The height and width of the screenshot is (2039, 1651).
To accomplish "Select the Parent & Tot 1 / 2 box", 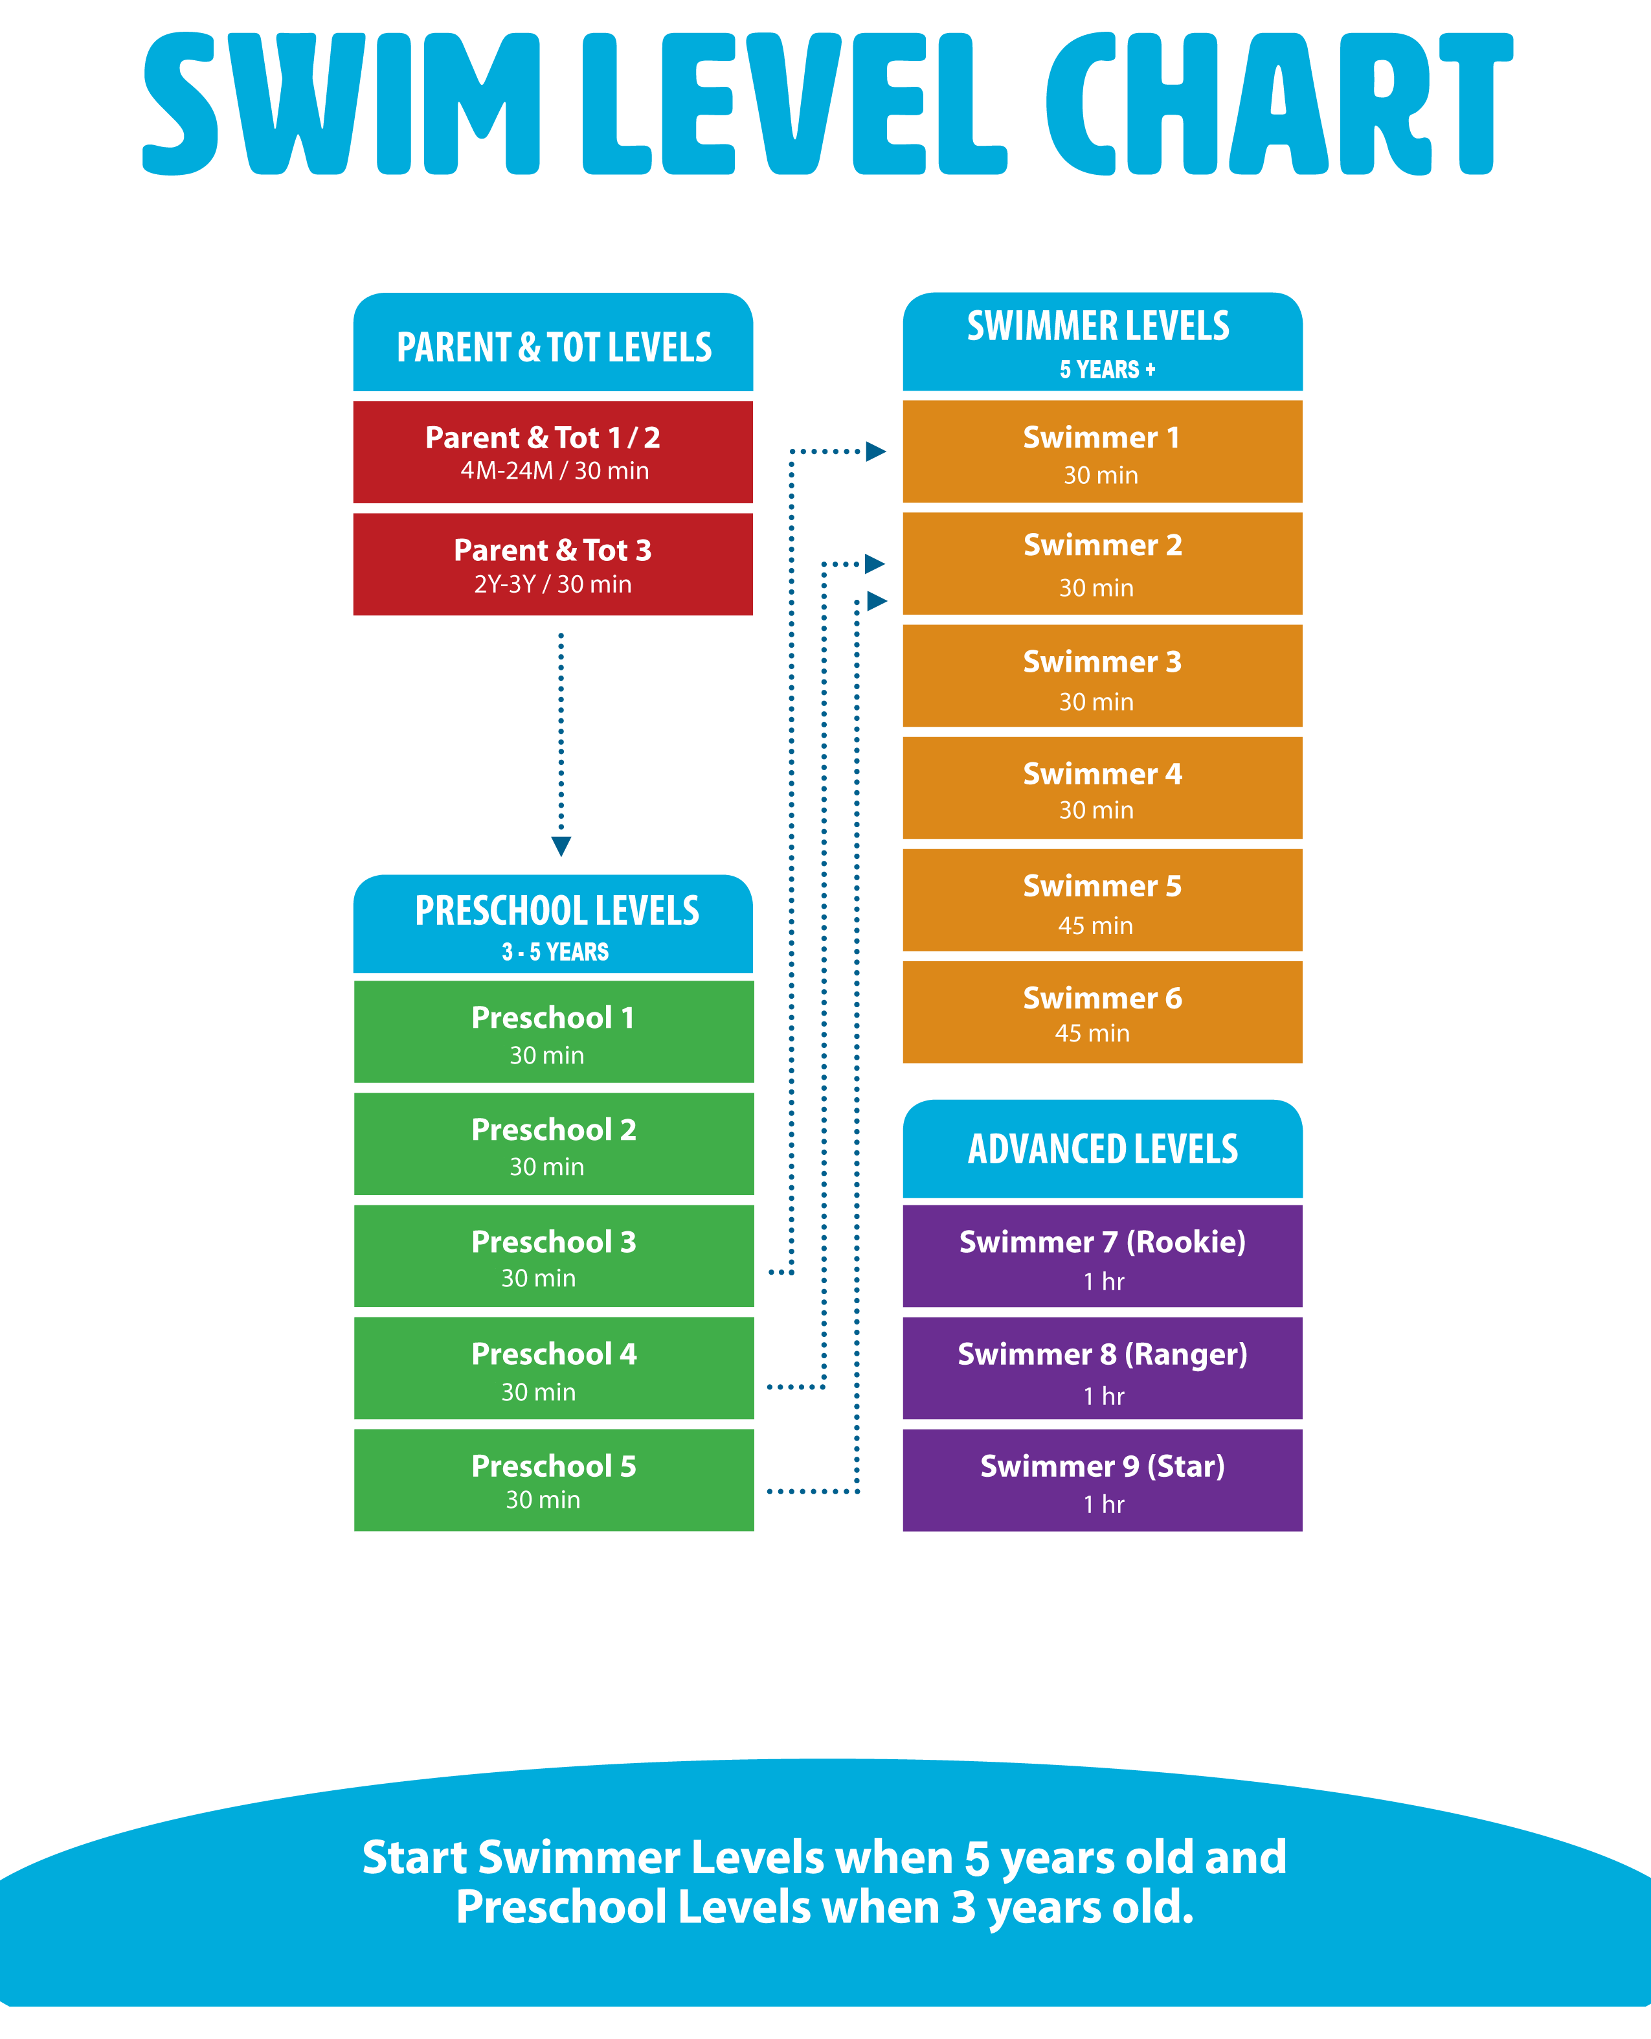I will click(552, 452).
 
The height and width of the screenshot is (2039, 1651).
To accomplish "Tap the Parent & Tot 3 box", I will click(552, 564).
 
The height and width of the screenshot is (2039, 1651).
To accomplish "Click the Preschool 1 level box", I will click(554, 1031).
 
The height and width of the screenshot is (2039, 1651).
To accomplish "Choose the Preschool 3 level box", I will click(554, 1256).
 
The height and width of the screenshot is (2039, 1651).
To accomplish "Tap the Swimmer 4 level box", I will click(1101, 788).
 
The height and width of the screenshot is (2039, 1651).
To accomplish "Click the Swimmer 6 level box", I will click(1101, 1012).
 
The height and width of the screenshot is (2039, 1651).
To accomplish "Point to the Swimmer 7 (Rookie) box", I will click(1101, 1256).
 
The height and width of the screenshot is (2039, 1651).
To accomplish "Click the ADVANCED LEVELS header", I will click(1102, 1150).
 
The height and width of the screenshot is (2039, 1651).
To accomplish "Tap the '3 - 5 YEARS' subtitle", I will click(556, 951).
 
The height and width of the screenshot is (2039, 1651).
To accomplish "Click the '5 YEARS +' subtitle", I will click(1107, 369).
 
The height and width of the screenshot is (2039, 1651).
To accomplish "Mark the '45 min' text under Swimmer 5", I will click(1095, 925).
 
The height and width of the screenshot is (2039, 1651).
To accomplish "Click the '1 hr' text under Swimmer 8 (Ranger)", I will click(1103, 1396).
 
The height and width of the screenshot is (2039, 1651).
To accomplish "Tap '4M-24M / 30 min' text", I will click(554, 471).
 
